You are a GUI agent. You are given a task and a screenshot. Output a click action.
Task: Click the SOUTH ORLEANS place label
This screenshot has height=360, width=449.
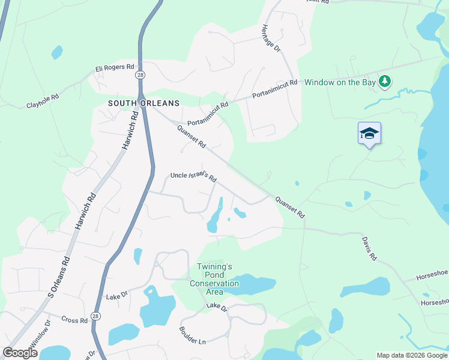143,103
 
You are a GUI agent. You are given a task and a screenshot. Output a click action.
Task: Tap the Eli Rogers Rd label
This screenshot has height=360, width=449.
114,69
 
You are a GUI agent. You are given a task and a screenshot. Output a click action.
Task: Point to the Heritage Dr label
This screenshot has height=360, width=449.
270,37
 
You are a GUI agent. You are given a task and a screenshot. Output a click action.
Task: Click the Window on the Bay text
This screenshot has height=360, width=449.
340,82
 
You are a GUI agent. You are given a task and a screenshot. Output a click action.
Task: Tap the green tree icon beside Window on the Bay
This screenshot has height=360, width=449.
385,81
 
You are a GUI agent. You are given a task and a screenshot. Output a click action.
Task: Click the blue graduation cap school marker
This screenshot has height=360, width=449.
369,134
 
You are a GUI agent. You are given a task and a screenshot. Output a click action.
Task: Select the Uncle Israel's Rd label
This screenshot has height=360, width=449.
193,176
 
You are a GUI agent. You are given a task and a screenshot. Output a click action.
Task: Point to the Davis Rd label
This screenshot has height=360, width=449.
369,248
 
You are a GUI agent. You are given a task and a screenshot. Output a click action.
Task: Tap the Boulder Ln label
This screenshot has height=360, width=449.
192,335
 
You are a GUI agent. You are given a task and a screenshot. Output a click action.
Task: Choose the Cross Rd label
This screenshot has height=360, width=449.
74,320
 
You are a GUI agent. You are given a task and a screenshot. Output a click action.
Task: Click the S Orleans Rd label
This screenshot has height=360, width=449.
59,277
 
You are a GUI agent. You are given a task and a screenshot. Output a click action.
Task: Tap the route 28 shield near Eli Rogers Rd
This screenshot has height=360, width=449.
139,74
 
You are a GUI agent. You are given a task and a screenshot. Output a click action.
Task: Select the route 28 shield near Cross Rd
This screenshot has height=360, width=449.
97,316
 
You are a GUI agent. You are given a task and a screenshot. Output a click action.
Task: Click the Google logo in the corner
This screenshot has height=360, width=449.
20,352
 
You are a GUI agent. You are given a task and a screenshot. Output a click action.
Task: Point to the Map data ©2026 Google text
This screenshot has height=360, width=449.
412,355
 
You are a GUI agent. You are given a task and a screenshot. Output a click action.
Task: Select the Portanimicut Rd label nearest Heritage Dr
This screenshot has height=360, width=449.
275,89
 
